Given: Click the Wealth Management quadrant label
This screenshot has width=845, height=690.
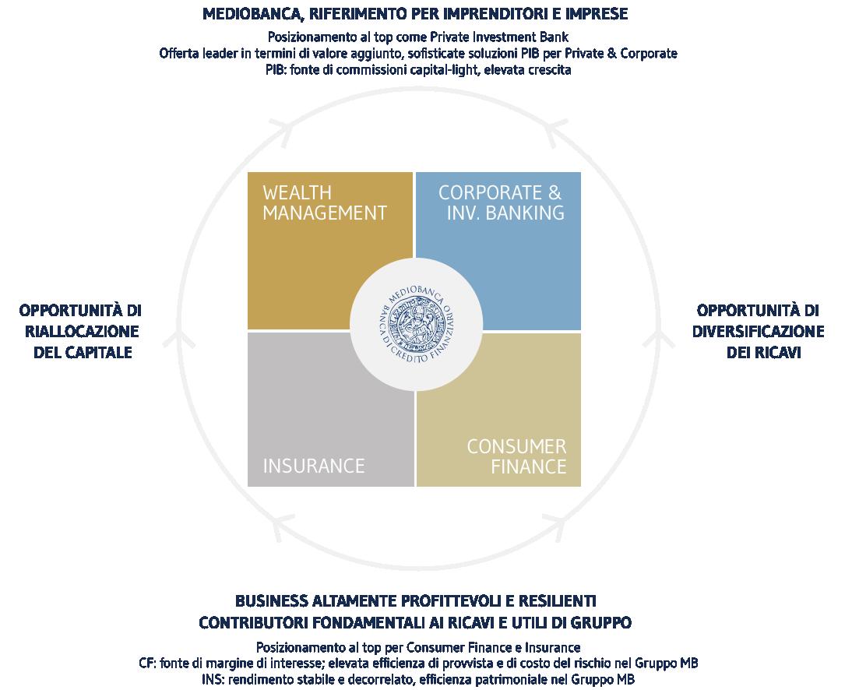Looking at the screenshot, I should pos(324,202).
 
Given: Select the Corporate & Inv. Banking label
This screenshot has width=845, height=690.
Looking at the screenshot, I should pos(502,202).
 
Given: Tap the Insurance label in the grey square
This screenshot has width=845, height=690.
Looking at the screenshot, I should pos(314,466).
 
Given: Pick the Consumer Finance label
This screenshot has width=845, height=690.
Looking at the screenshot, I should pos(516,457).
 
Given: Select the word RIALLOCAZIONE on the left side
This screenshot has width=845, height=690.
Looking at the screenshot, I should pos(81,331).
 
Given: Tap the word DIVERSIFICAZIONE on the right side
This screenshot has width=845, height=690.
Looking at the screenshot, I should pos(758,331).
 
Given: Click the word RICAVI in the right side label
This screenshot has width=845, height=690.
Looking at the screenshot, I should pos(774,352).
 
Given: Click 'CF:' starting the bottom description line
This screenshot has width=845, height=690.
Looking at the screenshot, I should pos(148,664).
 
